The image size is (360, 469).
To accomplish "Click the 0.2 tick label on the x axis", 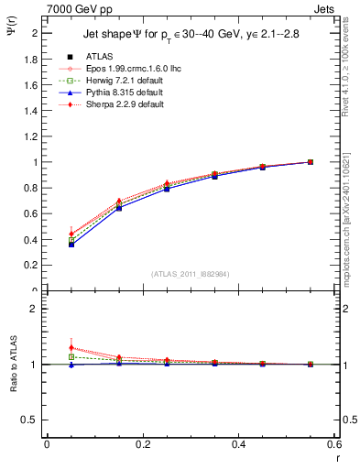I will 142,444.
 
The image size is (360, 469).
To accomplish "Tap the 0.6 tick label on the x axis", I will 335,444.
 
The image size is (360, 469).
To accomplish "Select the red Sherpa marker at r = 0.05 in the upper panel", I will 71,234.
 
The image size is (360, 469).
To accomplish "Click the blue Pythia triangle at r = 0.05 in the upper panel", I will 71,245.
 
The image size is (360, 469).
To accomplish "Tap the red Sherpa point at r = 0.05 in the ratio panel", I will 71,348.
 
